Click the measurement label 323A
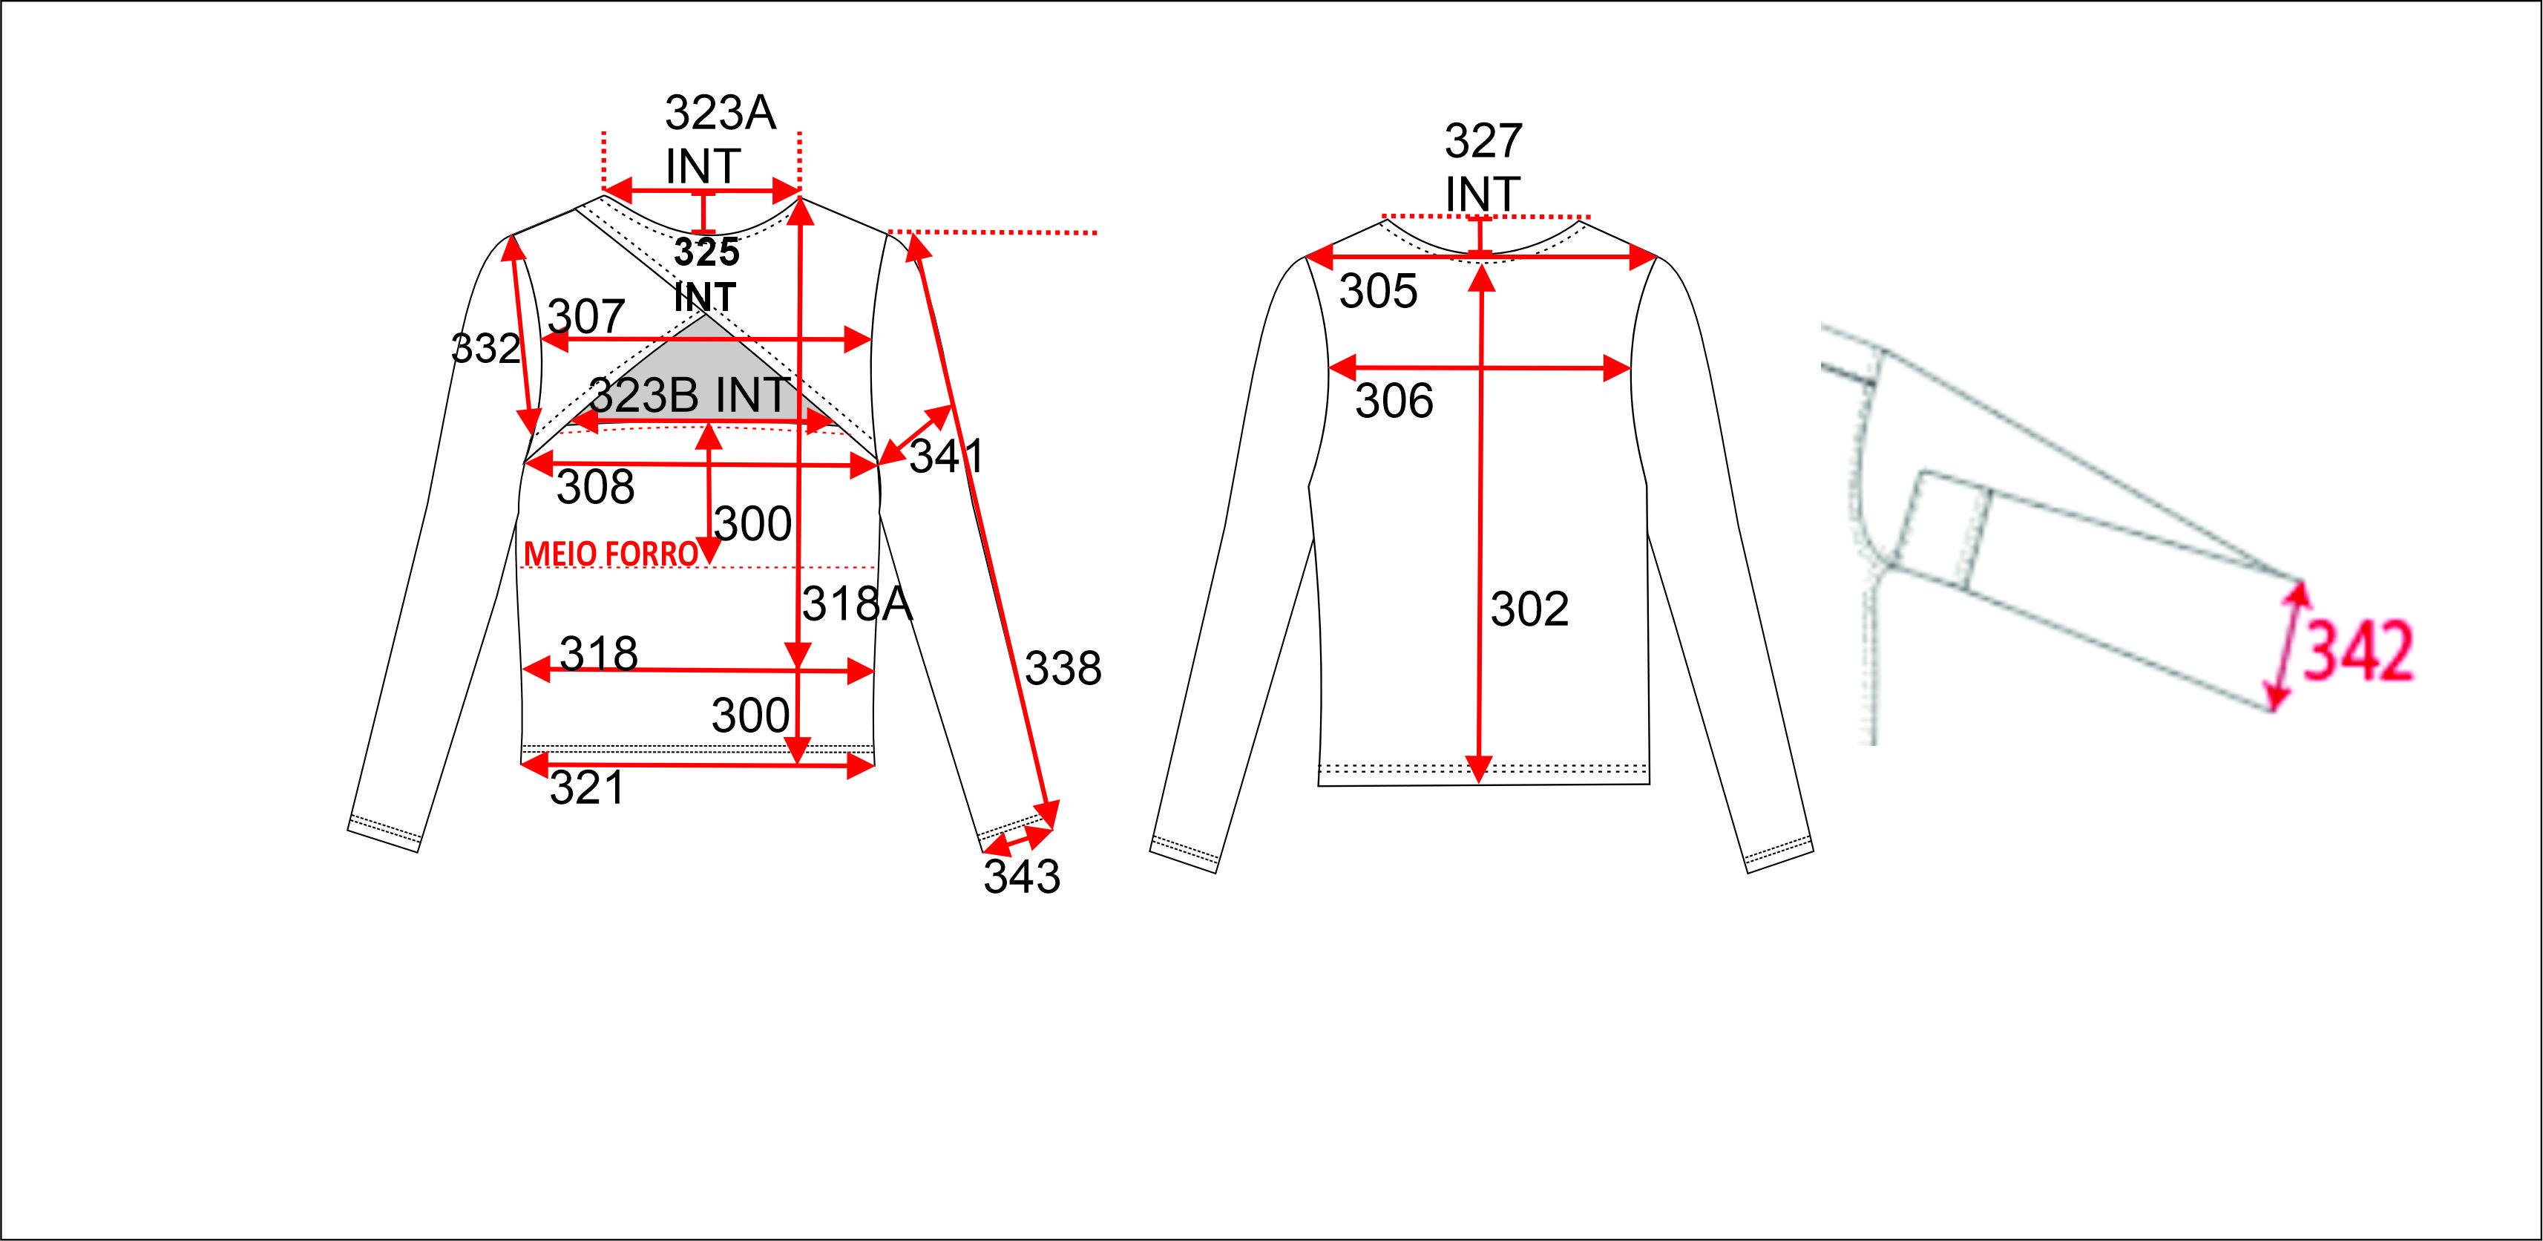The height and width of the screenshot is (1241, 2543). tap(721, 113)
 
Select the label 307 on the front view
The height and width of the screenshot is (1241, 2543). tap(586, 317)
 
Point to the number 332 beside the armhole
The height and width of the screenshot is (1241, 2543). tap(485, 349)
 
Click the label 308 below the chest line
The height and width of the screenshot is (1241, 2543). tap(595, 487)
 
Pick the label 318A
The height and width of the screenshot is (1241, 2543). tap(857, 603)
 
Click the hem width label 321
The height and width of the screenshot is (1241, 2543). tap(588, 788)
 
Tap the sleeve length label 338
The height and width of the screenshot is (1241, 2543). tap(1063, 669)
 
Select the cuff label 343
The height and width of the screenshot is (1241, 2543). tap(1022, 876)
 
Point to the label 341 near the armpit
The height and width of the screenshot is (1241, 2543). tap(945, 456)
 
